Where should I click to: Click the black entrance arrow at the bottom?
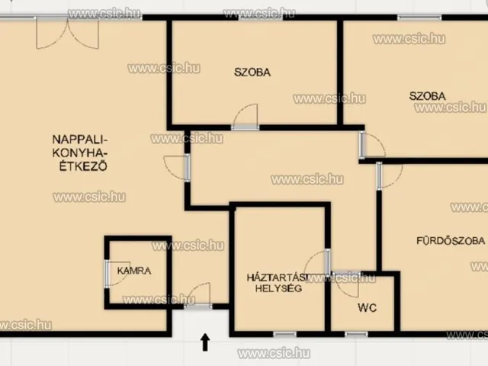pos(205,342)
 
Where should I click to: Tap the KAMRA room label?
pos(134,271)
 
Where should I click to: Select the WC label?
pos(368,308)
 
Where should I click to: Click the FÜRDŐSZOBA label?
pos(451,241)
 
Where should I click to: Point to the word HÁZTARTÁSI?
pos(278,278)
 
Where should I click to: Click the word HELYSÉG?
pos(278,288)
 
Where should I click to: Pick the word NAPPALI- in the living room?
pos(80,139)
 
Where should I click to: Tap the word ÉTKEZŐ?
pos(83,166)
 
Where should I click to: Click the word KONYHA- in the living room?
pos(80,152)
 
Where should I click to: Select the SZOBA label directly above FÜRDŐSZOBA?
pos(427,96)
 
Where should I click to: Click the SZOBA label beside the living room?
pos(252,72)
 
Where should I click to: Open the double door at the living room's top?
pos(68,33)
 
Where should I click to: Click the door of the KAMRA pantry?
pos(117,274)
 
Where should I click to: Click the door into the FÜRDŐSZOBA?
pos(390,175)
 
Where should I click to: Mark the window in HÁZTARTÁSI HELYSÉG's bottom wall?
pos(284,335)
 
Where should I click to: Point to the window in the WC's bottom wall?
pos(356,335)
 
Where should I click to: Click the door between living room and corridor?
pos(177,168)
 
